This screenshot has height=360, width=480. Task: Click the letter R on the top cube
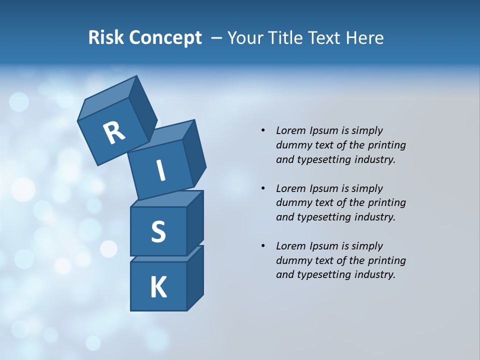pos(114,132)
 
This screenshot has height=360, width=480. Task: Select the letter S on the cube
pos(158,232)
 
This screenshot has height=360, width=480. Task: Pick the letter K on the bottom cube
pos(158,287)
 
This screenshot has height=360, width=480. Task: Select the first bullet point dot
pos(263,130)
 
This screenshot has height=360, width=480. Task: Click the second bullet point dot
pos(263,188)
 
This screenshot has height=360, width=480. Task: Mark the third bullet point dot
pos(263,246)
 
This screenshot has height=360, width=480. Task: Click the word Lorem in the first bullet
pos(290,130)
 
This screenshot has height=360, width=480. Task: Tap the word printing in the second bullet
pos(386,203)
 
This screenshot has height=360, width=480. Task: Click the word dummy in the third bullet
pos(292,260)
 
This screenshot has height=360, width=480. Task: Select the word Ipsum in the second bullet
pos(323,188)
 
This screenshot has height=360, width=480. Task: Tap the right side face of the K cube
pos(195,277)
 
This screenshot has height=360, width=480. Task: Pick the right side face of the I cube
pos(194,152)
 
